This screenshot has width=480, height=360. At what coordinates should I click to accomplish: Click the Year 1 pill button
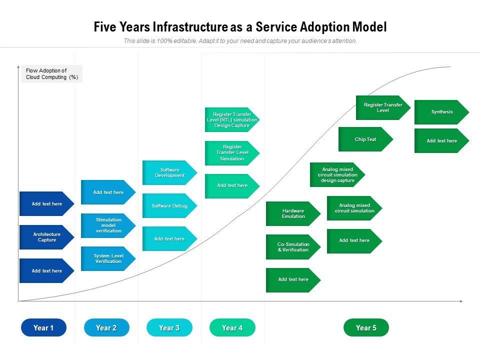click(43, 327)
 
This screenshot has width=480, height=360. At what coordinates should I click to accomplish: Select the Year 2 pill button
click(106, 327)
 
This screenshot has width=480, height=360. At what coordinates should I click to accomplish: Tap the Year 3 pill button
click(169, 327)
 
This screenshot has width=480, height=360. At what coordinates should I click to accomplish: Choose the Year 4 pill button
click(232, 327)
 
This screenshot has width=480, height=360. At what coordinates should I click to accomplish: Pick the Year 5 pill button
click(366, 327)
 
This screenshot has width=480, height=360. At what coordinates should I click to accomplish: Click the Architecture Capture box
click(46, 237)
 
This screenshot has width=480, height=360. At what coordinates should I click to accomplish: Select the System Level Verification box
click(108, 258)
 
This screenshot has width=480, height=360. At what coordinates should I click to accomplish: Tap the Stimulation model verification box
click(108, 225)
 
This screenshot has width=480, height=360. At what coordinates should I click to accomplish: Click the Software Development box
click(169, 172)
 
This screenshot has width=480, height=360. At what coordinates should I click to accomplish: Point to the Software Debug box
click(169, 205)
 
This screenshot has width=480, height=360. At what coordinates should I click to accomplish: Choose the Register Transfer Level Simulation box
click(232, 153)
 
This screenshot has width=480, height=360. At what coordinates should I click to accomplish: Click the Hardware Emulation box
click(293, 213)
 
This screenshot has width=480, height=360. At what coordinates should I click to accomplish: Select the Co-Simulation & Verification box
click(293, 246)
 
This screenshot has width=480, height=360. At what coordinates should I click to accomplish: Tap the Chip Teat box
click(365, 139)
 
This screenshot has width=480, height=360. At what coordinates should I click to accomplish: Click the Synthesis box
click(441, 112)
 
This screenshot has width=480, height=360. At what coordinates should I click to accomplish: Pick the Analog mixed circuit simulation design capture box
click(337, 174)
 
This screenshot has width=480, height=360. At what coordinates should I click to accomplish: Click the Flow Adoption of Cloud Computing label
click(51, 74)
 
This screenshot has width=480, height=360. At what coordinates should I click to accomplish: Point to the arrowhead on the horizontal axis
click(460, 301)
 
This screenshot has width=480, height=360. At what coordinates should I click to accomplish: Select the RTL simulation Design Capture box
click(232, 120)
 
